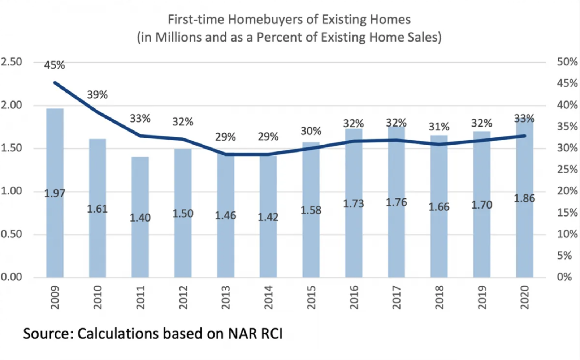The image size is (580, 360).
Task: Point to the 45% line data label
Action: coord(55,65)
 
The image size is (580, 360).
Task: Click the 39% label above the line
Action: coord(97,95)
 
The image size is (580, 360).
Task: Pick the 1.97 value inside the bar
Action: coord(55,193)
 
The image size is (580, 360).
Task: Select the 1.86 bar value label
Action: coord(524,198)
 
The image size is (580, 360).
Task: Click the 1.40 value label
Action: coord(140,218)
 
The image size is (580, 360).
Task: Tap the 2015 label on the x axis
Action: coord(311,297)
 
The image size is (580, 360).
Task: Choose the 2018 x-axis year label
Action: coord(439,297)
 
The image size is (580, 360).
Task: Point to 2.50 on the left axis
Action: coord(12,62)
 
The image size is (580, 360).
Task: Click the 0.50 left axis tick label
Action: coord(12,234)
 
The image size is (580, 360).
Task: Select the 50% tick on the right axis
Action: coord(567,62)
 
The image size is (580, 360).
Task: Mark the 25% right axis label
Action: coord(567,169)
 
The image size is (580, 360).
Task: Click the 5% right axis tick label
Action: coord(564,256)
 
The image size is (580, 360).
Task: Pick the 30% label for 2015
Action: coord(311,131)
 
